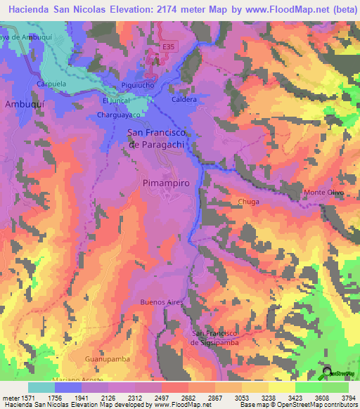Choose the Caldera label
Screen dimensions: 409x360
(x=184, y=100)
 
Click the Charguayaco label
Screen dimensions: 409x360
(x=115, y=114)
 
